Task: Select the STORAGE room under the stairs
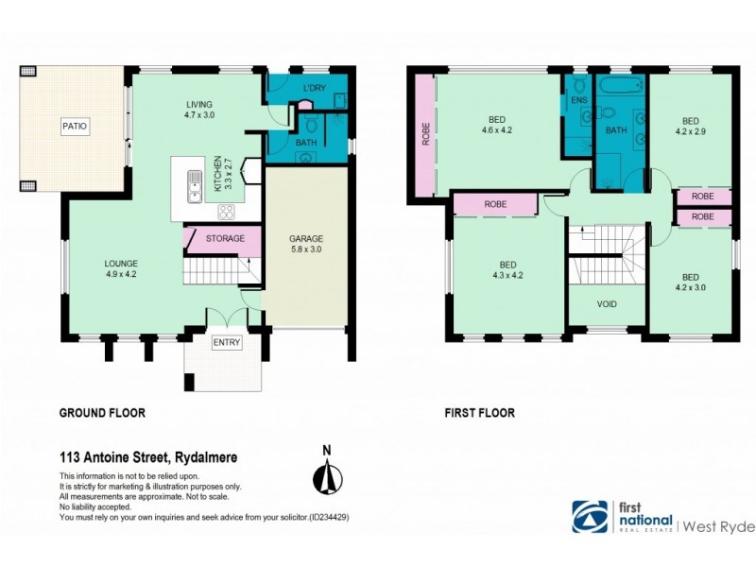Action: click(225, 238)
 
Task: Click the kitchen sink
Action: click(194, 184)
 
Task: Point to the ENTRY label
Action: click(226, 342)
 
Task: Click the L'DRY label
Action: click(314, 88)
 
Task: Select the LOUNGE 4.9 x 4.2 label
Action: click(122, 268)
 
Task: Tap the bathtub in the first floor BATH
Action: click(618, 91)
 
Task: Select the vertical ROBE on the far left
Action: click(423, 136)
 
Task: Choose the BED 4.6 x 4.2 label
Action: click(496, 125)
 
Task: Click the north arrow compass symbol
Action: click(327, 472)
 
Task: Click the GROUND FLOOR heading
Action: click(102, 413)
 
